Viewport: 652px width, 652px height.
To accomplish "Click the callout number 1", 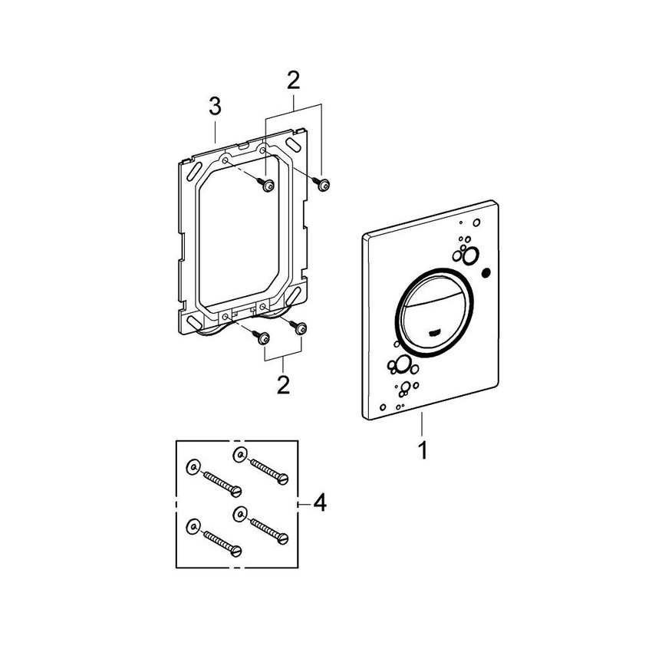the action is pos(423,451).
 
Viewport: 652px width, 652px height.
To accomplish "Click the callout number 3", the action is pos(215,107).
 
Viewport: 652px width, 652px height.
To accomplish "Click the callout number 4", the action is pos(320,503).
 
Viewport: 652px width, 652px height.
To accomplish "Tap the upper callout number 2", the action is pos(294,81).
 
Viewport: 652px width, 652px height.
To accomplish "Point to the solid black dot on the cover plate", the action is pos(486,273).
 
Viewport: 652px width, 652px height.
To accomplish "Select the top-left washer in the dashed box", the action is pos(193,467).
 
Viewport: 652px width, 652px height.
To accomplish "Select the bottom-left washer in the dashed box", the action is pos(193,526).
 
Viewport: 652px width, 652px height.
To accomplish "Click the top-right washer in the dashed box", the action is pos(239,455).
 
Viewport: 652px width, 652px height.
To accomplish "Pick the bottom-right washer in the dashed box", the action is pos(239,514).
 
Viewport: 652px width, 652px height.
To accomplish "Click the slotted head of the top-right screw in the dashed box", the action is pos(283,479).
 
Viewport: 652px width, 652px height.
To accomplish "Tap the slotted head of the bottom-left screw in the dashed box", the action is pos(236,551).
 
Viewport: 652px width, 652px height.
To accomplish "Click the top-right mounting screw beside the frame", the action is pos(321,184).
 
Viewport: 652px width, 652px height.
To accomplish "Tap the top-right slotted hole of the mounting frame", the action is pos(292,146).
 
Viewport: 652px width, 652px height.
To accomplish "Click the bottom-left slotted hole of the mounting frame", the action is pos(194,322).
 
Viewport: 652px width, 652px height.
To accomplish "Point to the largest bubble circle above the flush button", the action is pos(471,255).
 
